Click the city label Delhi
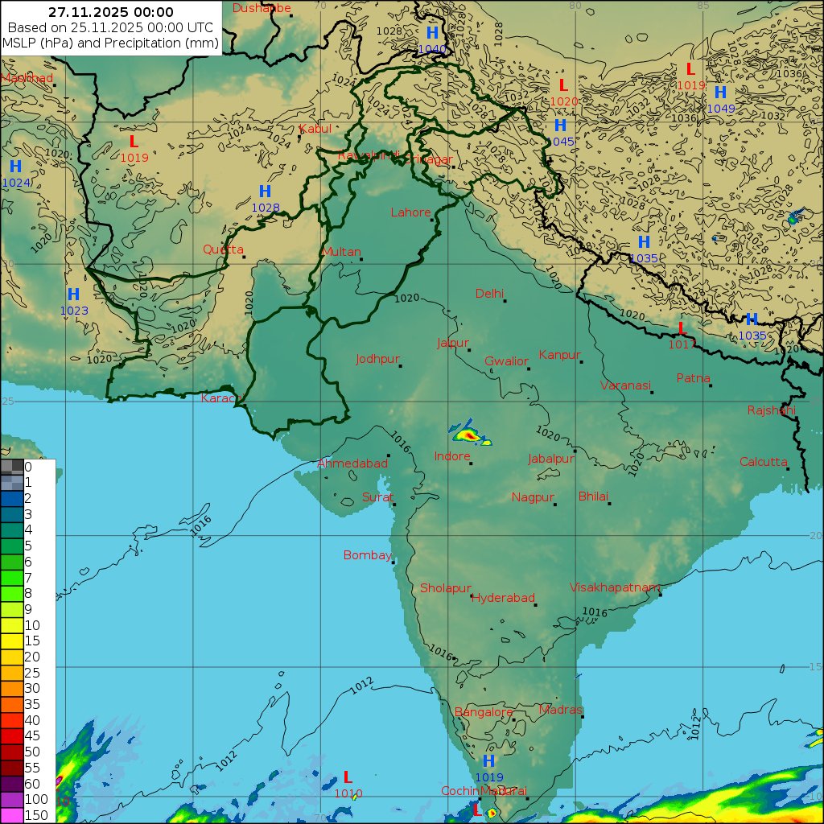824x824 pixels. pyautogui.click(x=489, y=294)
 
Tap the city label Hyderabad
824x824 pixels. pyautogui.click(x=503, y=598)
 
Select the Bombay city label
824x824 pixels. pyautogui.click(x=367, y=555)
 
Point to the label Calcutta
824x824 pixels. pyautogui.click(x=764, y=462)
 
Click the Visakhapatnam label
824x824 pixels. pyautogui.click(x=615, y=587)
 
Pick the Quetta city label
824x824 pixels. pyautogui.click(x=223, y=249)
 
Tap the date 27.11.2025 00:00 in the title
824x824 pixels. pyautogui.click(x=110, y=12)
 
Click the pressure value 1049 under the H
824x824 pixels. pyautogui.click(x=721, y=109)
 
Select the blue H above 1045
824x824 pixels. pyautogui.click(x=560, y=126)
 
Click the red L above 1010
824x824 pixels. pyautogui.click(x=348, y=777)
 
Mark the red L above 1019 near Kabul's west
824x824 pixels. pyautogui.click(x=134, y=142)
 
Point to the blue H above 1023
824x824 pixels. pyautogui.click(x=73, y=295)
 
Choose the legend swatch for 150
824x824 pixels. pyautogui.click(x=12, y=814)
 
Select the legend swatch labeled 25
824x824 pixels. pyautogui.click(x=12, y=672)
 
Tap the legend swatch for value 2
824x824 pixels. pyautogui.click(x=12, y=498)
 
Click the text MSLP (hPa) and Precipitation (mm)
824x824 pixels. pyautogui.click(x=110, y=43)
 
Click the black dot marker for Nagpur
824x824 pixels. pyautogui.click(x=555, y=505)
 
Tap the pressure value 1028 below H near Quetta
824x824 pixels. pyautogui.click(x=266, y=208)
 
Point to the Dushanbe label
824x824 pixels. pyautogui.click(x=262, y=8)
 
